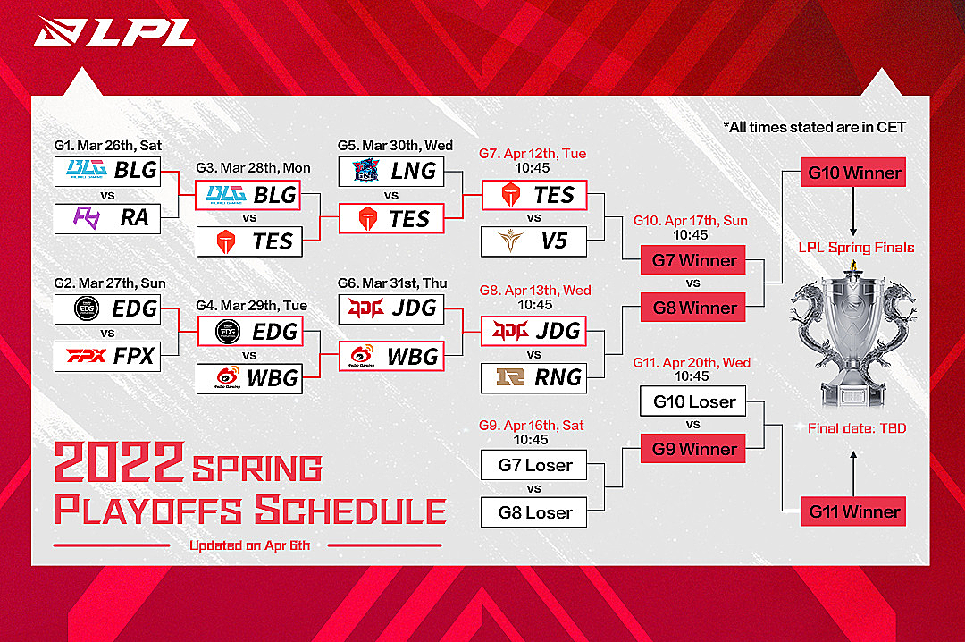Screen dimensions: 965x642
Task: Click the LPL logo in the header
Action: [114, 31]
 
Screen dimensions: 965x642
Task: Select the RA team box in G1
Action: [108, 218]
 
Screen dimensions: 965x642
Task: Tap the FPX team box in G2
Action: [108, 356]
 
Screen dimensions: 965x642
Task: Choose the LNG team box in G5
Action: [391, 172]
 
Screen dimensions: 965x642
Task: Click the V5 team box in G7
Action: [533, 241]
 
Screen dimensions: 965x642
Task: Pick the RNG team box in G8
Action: [533, 377]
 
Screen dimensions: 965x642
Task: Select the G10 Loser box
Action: [693, 401]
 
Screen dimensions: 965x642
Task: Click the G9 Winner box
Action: [693, 449]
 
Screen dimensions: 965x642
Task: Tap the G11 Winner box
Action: [853, 511]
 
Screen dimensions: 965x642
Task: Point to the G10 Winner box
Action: [853, 173]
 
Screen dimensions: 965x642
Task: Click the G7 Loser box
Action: [533, 465]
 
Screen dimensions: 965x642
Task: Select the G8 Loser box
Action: [533, 512]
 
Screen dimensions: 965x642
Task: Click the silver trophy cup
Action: [853, 334]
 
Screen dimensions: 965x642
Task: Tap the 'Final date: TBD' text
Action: [857, 428]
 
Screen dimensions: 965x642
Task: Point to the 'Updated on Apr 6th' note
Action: [249, 545]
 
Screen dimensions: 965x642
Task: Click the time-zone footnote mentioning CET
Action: [814, 128]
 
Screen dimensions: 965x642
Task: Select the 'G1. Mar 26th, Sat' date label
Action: [108, 146]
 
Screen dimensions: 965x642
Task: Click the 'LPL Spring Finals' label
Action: [856, 248]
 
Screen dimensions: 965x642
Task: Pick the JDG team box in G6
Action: [391, 308]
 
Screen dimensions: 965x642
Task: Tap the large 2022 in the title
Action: [120, 461]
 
